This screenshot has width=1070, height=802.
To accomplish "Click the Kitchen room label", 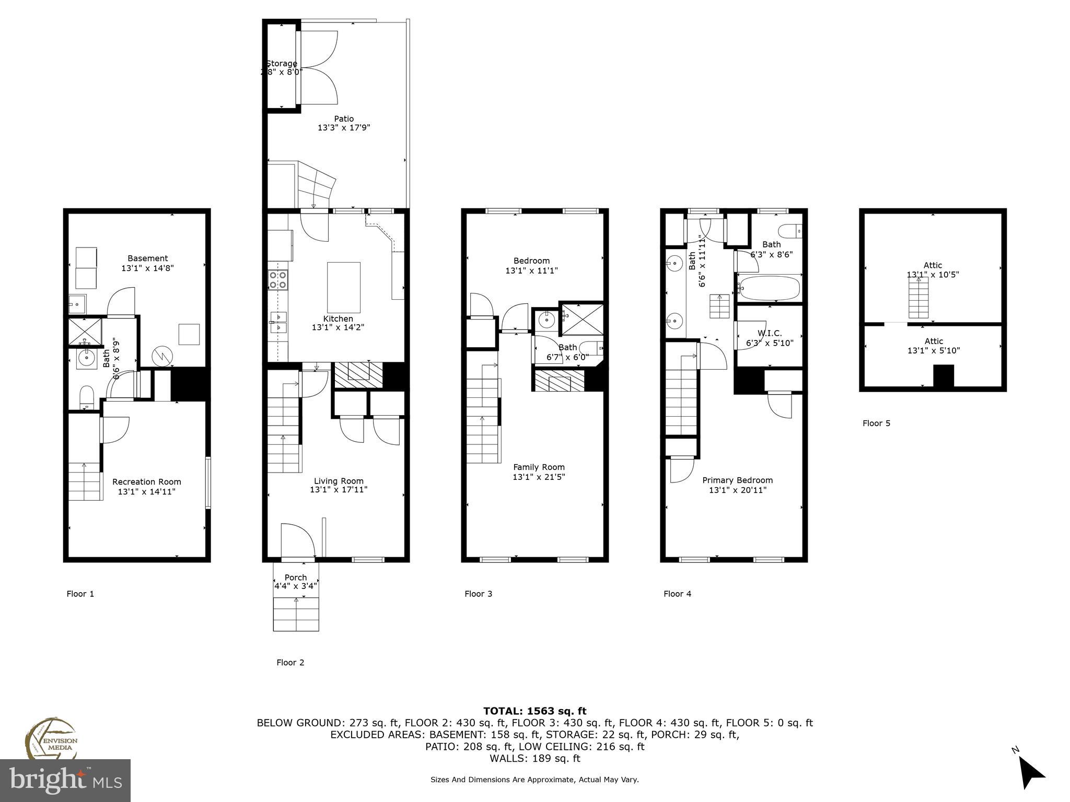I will [x=338, y=319].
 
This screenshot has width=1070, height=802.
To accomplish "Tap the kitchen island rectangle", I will [x=343, y=287].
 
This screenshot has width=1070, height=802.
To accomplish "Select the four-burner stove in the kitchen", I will [x=277, y=280].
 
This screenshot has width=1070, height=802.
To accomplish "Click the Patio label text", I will [x=344, y=119].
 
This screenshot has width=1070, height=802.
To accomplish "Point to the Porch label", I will [x=295, y=577].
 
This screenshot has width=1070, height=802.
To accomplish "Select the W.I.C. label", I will [x=770, y=333].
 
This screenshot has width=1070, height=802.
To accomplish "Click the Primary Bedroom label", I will [x=737, y=480].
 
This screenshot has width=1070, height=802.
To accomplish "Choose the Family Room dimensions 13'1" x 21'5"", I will [x=539, y=477].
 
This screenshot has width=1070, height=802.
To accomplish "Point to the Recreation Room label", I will [x=147, y=482].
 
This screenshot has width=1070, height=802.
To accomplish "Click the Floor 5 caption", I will [x=876, y=423].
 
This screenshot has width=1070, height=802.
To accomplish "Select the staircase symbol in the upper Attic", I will [x=918, y=298].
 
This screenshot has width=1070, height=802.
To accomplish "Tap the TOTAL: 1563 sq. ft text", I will [x=534, y=711].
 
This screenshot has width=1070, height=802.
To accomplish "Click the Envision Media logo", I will [x=51, y=740].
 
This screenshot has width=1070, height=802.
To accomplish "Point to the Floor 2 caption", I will [x=290, y=663].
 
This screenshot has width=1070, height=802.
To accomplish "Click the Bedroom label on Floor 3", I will [x=531, y=261].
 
